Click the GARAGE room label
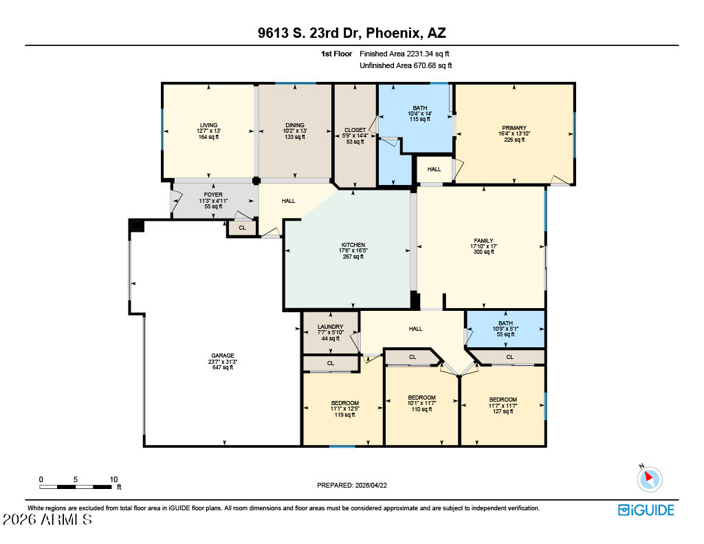(x=223, y=356)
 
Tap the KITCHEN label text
(x=353, y=245)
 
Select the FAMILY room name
(x=483, y=241)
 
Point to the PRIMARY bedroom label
(x=514, y=128)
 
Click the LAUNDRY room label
(x=331, y=327)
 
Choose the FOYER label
(x=213, y=195)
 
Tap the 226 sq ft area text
(x=514, y=140)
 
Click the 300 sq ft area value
(x=483, y=252)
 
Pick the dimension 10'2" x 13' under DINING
(x=295, y=131)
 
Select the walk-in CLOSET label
(x=355, y=130)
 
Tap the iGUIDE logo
(x=646, y=510)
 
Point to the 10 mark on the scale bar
(x=113, y=479)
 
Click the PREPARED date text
(x=352, y=485)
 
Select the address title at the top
(x=352, y=33)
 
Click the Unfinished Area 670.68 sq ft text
(x=406, y=65)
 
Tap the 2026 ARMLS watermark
(x=47, y=519)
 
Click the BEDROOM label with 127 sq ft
(x=503, y=400)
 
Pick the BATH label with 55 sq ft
(x=505, y=323)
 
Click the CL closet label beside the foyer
(x=243, y=228)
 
